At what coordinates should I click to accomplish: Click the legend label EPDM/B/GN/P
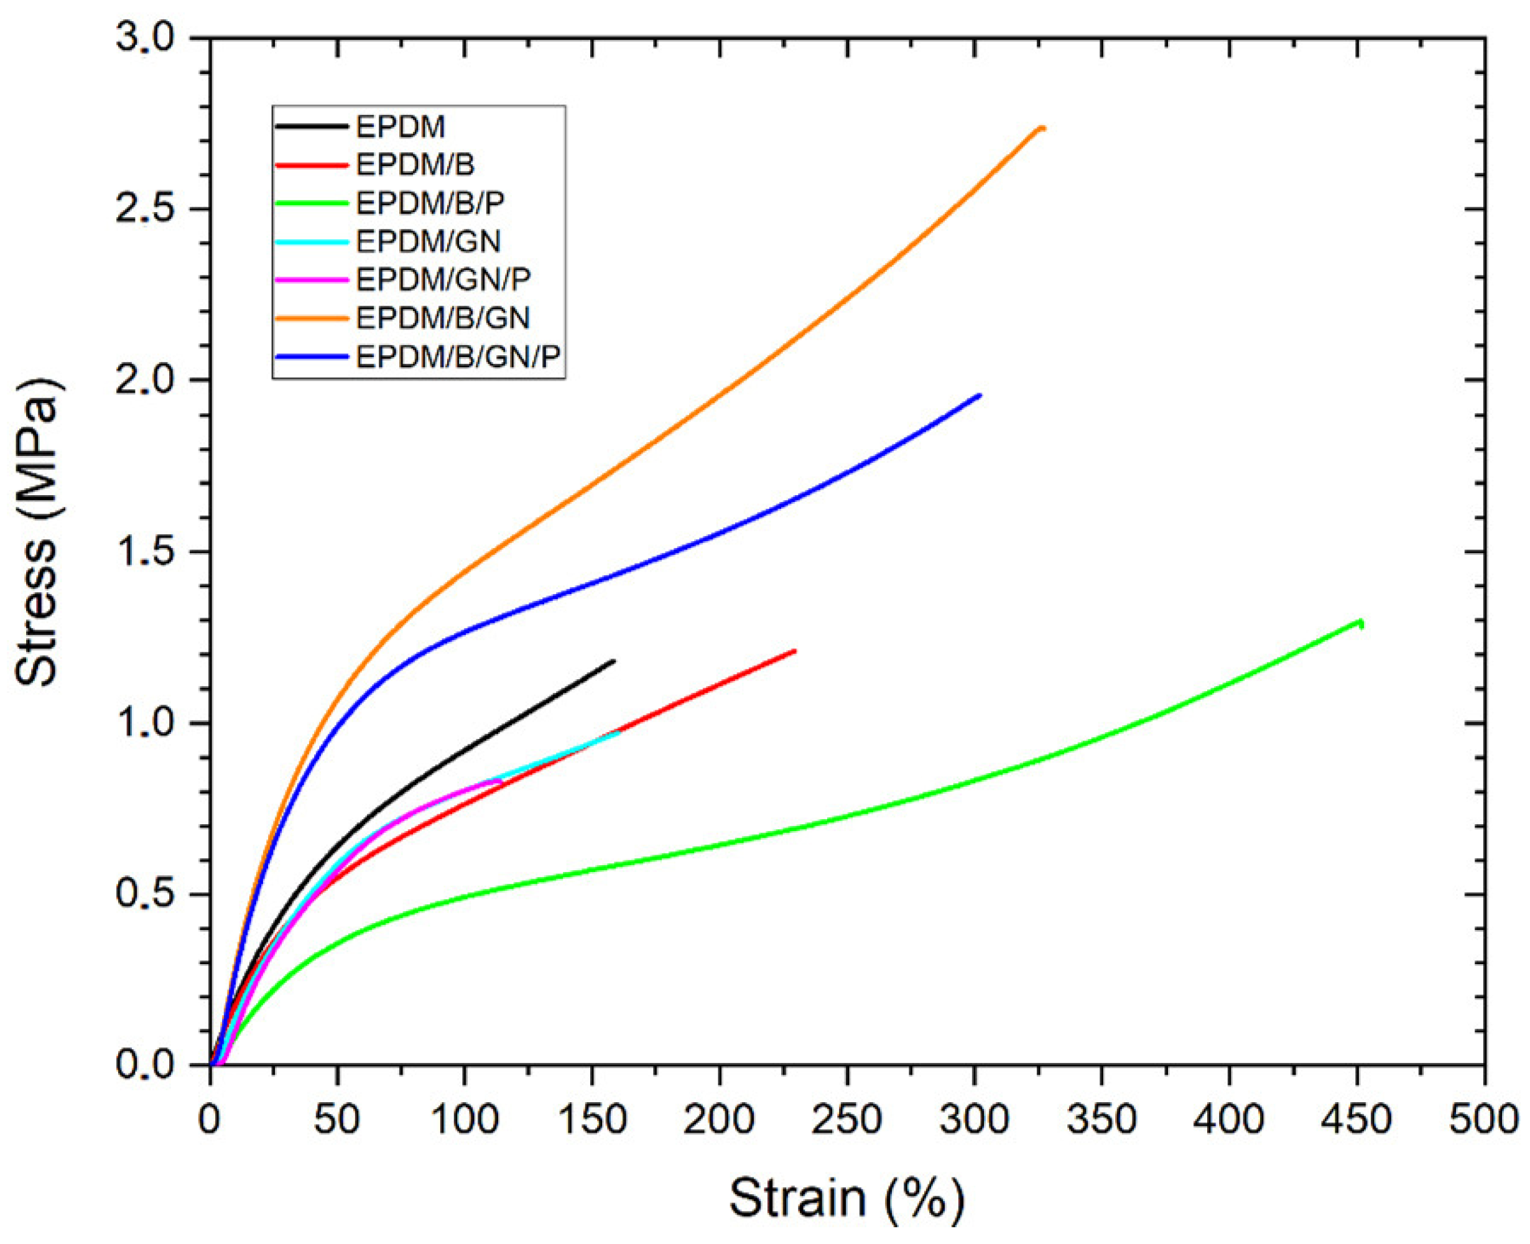pos(458,356)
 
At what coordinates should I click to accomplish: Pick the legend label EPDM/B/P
pos(430,203)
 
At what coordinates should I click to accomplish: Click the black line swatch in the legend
pos(311,127)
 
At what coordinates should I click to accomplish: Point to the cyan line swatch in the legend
pos(311,242)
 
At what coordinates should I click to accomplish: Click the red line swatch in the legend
pos(311,165)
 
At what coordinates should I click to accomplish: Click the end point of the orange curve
pos(1044,128)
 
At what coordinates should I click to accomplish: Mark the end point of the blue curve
pos(980,395)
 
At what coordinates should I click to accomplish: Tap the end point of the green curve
pos(1361,622)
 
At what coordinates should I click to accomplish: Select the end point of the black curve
pos(614,661)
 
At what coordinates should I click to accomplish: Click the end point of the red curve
pos(795,651)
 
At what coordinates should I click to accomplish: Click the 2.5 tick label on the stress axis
pos(146,209)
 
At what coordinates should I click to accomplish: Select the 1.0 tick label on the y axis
pos(146,723)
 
